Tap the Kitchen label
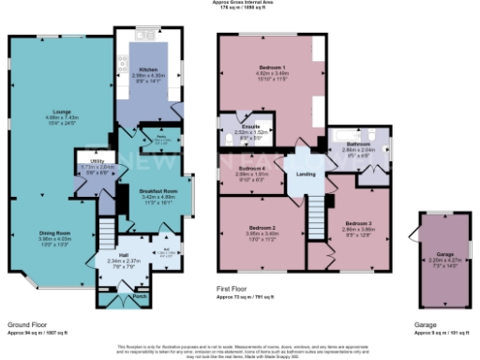(x=149, y=69)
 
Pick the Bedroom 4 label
(x=252, y=168)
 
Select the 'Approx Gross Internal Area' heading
(x=240, y=4)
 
